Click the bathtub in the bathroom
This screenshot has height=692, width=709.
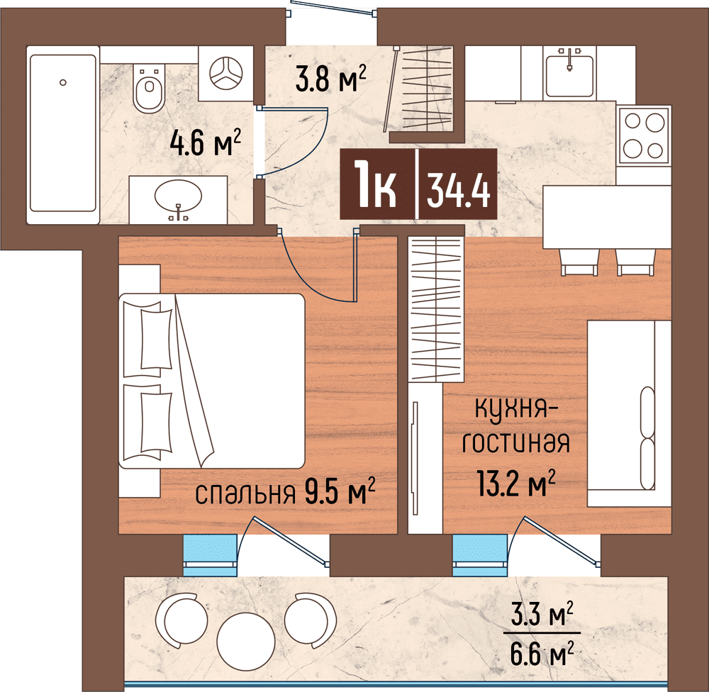[62, 133]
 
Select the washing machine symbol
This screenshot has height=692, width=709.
[226, 73]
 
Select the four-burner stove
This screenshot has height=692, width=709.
[644, 135]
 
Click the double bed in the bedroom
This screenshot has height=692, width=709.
[213, 381]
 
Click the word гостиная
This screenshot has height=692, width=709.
[515, 444]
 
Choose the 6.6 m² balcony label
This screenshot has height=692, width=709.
[542, 650]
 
